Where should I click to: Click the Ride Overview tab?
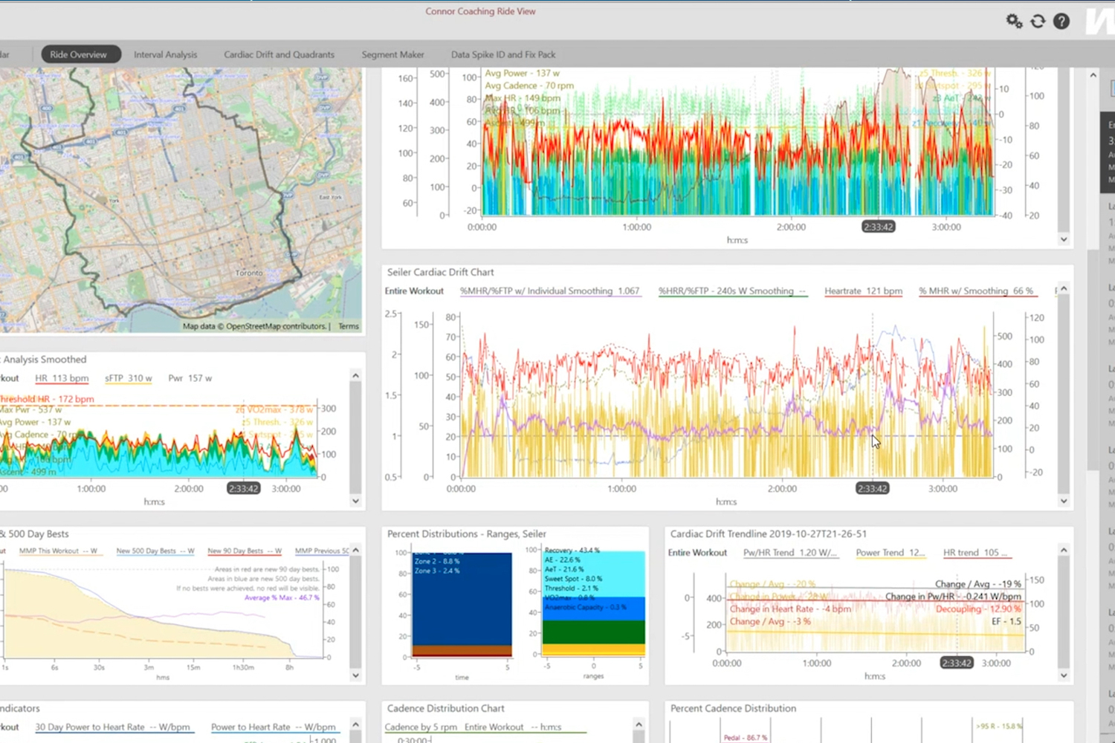click(x=79, y=54)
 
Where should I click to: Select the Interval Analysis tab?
click(x=165, y=54)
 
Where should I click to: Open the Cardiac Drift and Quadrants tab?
click(x=279, y=54)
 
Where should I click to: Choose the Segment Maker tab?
click(x=392, y=54)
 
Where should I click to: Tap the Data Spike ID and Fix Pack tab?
click(x=503, y=54)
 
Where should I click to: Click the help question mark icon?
click(x=1061, y=21)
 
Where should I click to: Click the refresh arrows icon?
click(x=1038, y=21)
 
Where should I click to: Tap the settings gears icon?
click(x=1014, y=21)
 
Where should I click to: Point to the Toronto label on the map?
click(x=249, y=273)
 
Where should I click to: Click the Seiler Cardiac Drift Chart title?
click(x=440, y=272)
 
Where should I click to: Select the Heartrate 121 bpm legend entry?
click(x=863, y=291)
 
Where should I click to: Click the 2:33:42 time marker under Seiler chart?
click(x=872, y=489)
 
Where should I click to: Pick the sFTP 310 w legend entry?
click(x=128, y=378)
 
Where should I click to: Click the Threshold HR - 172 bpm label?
click(x=48, y=399)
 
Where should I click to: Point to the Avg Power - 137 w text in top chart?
click(x=522, y=74)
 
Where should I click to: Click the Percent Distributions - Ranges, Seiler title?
click(x=466, y=533)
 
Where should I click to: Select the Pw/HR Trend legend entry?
click(x=789, y=553)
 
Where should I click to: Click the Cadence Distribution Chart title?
click(x=445, y=708)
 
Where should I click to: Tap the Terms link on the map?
click(x=348, y=326)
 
